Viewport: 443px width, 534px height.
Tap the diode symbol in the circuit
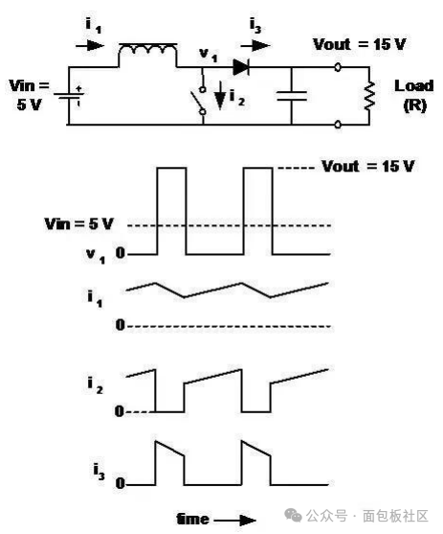click(x=241, y=67)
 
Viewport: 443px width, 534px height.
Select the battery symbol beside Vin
click(x=69, y=95)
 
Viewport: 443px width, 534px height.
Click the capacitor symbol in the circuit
click(x=292, y=96)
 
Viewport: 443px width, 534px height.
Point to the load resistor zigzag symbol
click(x=369, y=96)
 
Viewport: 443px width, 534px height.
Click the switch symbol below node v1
click(x=200, y=101)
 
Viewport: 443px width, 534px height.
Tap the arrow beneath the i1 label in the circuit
click(x=90, y=45)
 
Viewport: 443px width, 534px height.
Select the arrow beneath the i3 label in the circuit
click(x=255, y=45)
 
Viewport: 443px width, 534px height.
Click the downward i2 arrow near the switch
click(x=220, y=95)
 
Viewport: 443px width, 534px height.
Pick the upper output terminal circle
click(x=337, y=67)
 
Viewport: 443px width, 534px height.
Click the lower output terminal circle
click(x=337, y=125)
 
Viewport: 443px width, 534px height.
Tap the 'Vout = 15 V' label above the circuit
click(x=360, y=45)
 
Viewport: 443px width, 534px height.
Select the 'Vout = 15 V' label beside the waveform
click(x=368, y=166)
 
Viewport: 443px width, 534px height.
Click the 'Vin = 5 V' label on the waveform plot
click(x=78, y=223)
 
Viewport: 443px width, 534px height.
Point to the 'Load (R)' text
click(x=414, y=95)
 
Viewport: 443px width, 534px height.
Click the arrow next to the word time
click(x=235, y=520)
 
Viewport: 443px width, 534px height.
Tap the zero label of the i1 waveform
click(x=120, y=325)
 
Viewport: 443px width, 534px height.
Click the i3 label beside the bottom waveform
click(x=99, y=473)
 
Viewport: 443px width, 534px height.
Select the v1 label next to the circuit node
click(x=208, y=55)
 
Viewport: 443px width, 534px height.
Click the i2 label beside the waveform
click(x=95, y=385)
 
